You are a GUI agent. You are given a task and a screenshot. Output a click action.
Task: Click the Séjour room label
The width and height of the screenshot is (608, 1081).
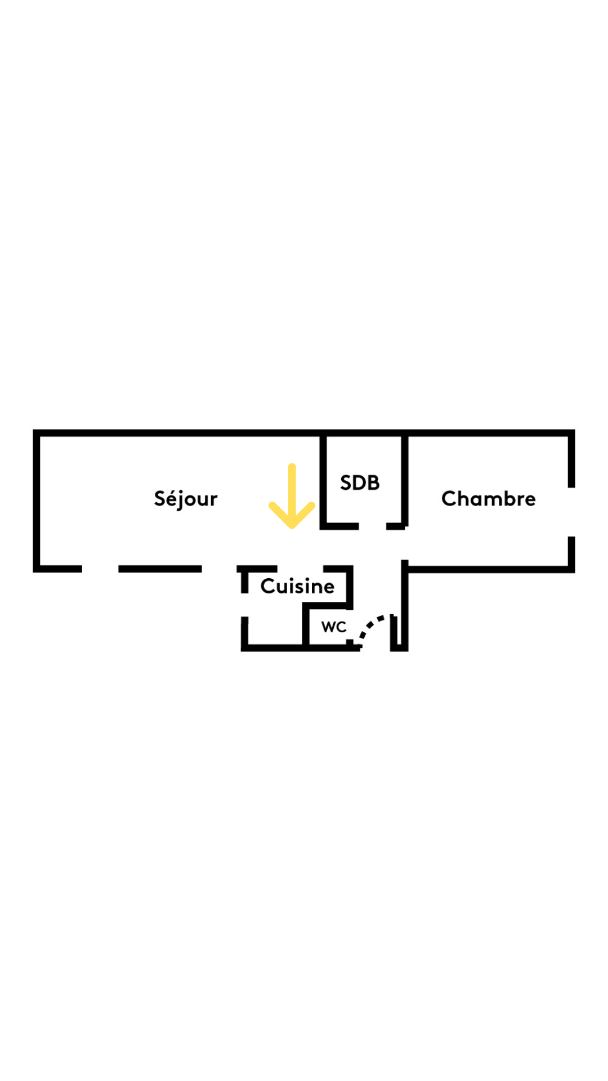185,499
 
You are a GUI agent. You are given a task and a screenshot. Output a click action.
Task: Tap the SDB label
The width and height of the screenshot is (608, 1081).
360,483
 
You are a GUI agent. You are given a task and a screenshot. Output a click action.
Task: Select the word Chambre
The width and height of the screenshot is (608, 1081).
488,499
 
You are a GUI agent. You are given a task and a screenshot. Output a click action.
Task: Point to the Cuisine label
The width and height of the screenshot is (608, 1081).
297,586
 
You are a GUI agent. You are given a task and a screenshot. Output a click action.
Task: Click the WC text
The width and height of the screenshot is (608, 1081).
333,627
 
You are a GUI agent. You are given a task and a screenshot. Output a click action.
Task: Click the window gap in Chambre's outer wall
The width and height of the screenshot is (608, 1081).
571,512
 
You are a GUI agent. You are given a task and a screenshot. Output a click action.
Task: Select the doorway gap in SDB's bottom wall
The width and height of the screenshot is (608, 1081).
372,526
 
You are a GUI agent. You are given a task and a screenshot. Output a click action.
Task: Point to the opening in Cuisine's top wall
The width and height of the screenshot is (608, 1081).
300,568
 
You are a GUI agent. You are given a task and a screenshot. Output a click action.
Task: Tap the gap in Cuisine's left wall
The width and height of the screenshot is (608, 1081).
244,605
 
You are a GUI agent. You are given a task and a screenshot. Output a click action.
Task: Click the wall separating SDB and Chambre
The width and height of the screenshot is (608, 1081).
405,479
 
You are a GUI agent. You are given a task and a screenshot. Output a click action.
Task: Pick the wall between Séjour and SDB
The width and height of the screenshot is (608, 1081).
323,479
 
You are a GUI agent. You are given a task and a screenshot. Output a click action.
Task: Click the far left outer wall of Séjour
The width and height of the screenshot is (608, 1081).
37,501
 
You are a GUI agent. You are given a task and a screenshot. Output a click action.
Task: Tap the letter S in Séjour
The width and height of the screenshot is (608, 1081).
160,498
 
